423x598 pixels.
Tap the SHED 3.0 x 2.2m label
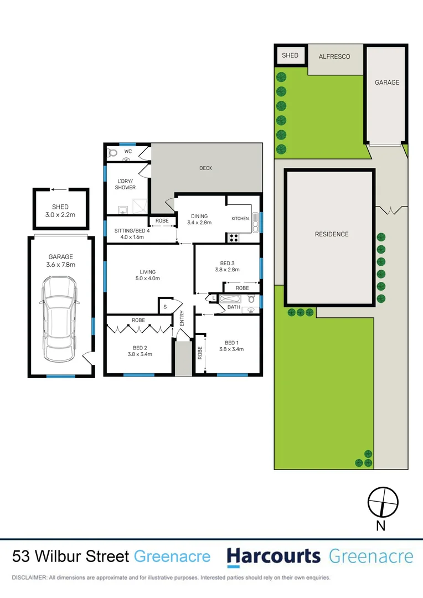(60, 211)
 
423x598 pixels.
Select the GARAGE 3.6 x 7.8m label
(60, 261)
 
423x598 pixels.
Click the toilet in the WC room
(112, 152)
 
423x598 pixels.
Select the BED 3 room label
(227, 263)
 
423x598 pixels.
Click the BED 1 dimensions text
(231, 349)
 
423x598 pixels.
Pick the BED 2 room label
(140, 347)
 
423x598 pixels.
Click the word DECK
(205, 168)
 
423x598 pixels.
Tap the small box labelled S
(165, 305)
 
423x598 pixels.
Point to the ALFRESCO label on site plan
(334, 56)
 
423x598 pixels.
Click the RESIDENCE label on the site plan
(332, 234)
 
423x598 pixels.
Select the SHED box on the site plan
(290, 55)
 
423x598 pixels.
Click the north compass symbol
(383, 501)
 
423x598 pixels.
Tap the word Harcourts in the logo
(274, 556)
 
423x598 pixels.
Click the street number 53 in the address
(22, 556)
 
